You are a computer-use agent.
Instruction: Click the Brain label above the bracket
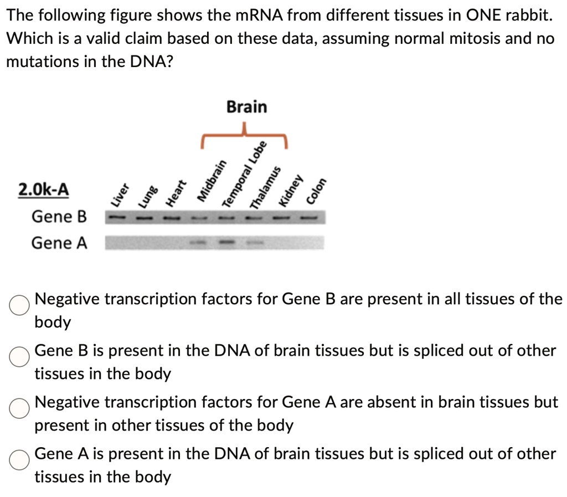(246, 106)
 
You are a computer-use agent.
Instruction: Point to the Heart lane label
(177, 193)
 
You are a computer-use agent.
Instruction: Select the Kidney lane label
(292, 191)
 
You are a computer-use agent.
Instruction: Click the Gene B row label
(59, 216)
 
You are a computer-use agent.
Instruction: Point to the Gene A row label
(59, 243)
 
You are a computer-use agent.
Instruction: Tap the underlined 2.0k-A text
(44, 189)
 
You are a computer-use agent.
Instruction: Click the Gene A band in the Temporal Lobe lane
(226, 243)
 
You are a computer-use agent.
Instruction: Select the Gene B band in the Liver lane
(116, 217)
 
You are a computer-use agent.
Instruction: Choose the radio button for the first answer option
(19, 305)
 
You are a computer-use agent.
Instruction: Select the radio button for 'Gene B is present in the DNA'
(19, 357)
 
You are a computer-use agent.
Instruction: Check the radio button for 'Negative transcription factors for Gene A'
(19, 408)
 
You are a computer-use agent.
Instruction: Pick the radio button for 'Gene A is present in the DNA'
(19, 460)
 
